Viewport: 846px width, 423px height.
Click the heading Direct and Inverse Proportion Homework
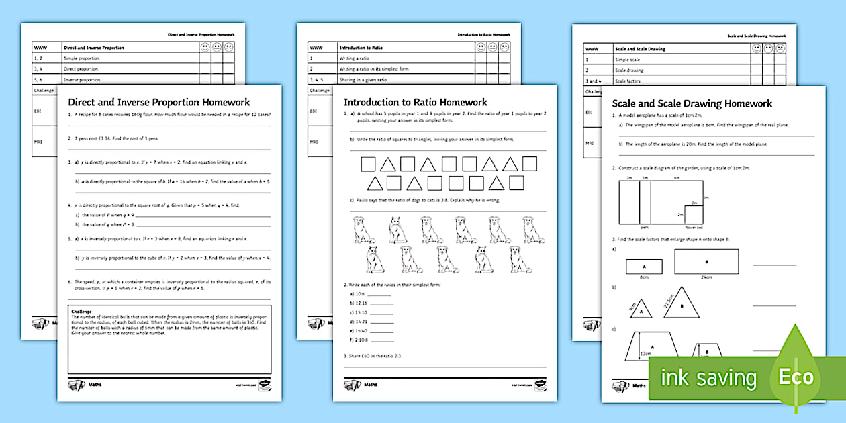pos(159,103)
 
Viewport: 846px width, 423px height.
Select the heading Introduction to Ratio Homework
pos(416,103)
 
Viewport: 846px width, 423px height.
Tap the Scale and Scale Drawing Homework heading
pos(692,104)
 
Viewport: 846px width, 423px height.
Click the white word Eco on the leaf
pos(796,377)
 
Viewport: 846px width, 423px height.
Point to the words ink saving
pos(708,378)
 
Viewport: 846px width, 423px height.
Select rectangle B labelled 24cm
pos(706,261)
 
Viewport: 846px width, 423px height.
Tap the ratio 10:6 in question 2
pos(357,294)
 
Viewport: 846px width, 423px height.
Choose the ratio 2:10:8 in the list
pos(360,340)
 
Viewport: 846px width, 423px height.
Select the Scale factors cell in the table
pos(628,81)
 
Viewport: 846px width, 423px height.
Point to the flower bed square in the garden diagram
pos(695,215)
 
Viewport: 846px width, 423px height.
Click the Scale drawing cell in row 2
pos(629,70)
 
